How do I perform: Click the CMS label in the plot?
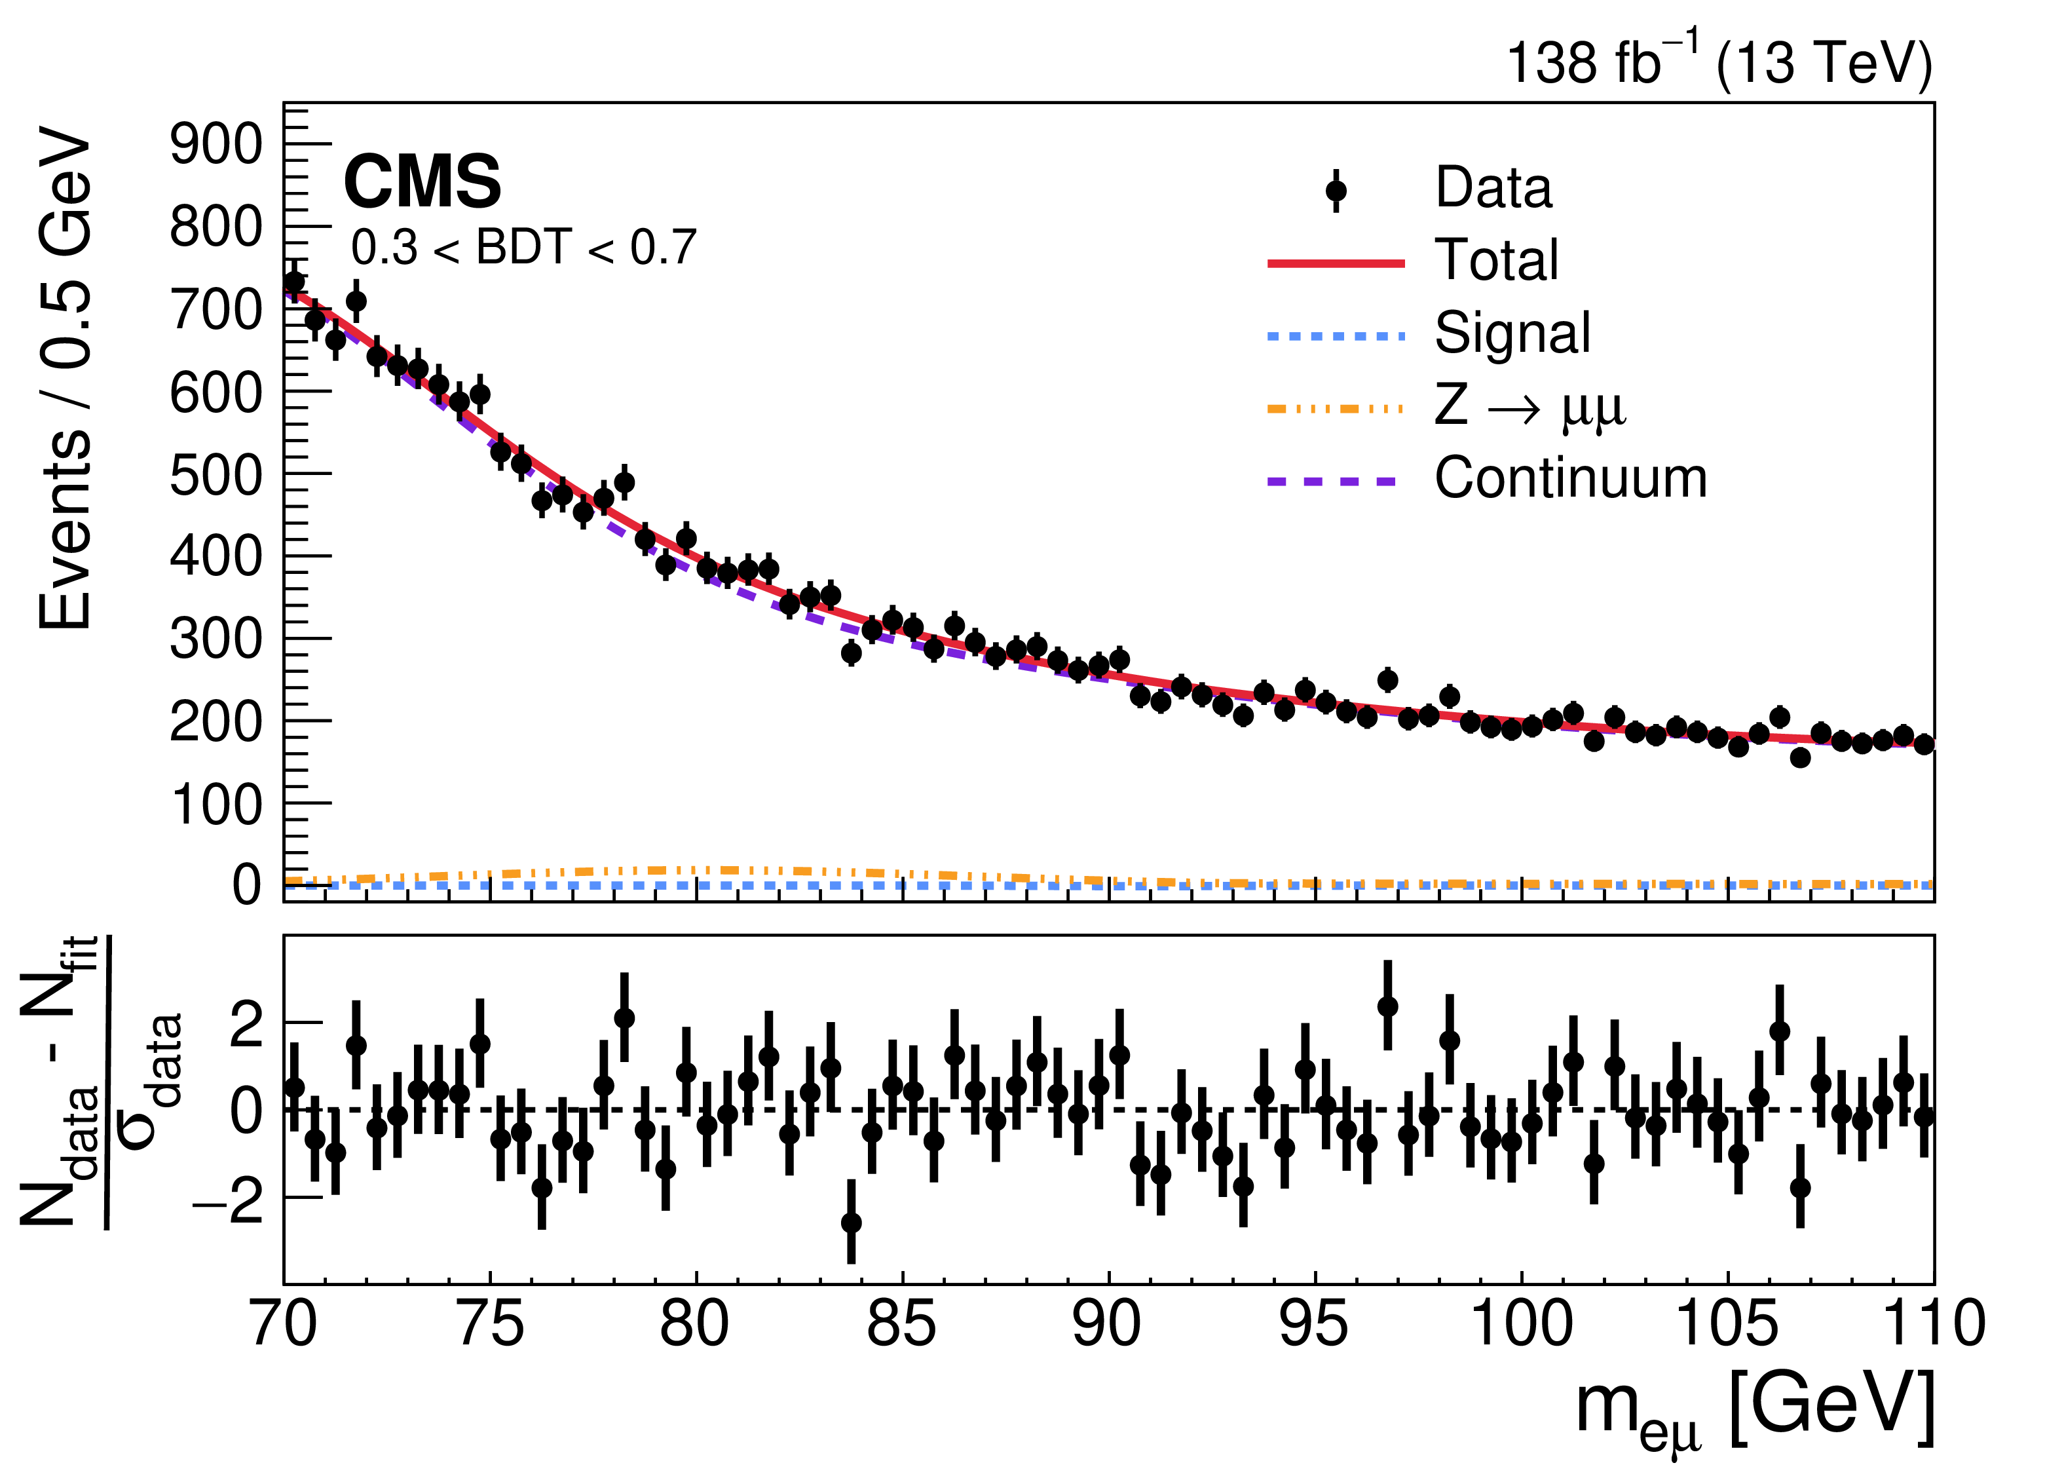(422, 182)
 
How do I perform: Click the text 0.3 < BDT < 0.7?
(523, 248)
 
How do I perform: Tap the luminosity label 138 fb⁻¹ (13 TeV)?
(1718, 62)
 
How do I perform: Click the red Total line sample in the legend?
(1336, 264)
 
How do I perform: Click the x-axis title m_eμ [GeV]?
(1755, 1411)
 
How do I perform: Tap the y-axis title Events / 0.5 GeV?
(66, 383)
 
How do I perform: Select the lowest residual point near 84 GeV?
(851, 1223)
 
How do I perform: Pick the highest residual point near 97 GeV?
(1387, 1006)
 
